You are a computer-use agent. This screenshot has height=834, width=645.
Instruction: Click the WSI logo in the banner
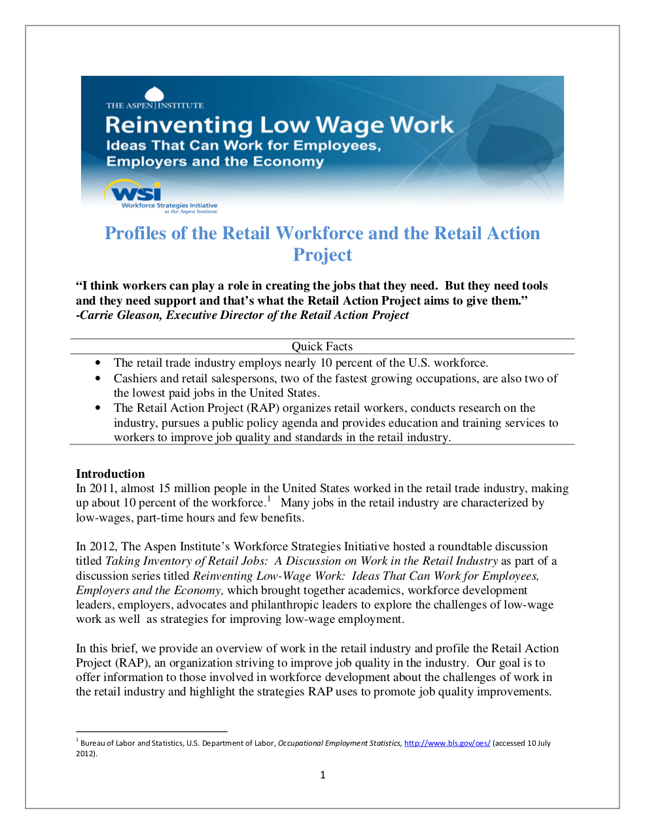point(136,193)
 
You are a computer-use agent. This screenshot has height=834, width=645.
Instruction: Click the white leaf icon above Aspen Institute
point(154,95)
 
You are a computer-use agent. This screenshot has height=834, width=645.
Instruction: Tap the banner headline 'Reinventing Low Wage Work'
point(279,125)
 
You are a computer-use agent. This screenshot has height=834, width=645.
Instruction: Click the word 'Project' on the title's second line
point(322,255)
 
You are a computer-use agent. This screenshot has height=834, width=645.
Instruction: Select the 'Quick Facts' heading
point(322,346)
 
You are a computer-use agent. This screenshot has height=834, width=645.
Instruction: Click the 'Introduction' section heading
point(111,474)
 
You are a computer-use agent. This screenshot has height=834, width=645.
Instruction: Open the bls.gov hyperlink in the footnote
point(447,743)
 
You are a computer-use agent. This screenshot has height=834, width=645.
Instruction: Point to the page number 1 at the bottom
point(322,775)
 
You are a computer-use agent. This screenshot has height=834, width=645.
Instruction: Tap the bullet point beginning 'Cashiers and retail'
point(98,378)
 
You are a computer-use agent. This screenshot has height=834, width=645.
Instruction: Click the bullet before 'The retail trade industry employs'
point(98,363)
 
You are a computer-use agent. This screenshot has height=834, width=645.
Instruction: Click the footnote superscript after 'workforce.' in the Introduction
point(269,500)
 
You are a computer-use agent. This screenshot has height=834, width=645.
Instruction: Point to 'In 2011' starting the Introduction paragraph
point(96,488)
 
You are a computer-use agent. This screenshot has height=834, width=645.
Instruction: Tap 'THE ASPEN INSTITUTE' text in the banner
point(155,105)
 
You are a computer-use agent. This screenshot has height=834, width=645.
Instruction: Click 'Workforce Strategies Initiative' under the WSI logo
point(169,205)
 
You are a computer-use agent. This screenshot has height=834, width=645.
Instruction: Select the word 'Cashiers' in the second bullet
point(135,378)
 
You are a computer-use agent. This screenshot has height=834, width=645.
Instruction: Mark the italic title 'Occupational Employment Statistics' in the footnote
point(340,743)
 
